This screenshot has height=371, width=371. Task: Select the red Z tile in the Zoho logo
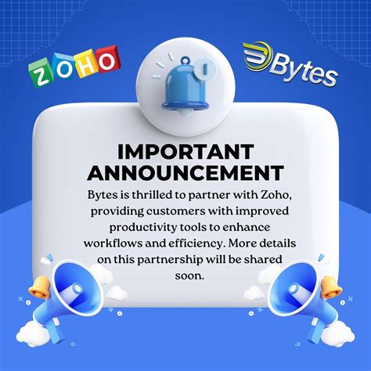point(42,76)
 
